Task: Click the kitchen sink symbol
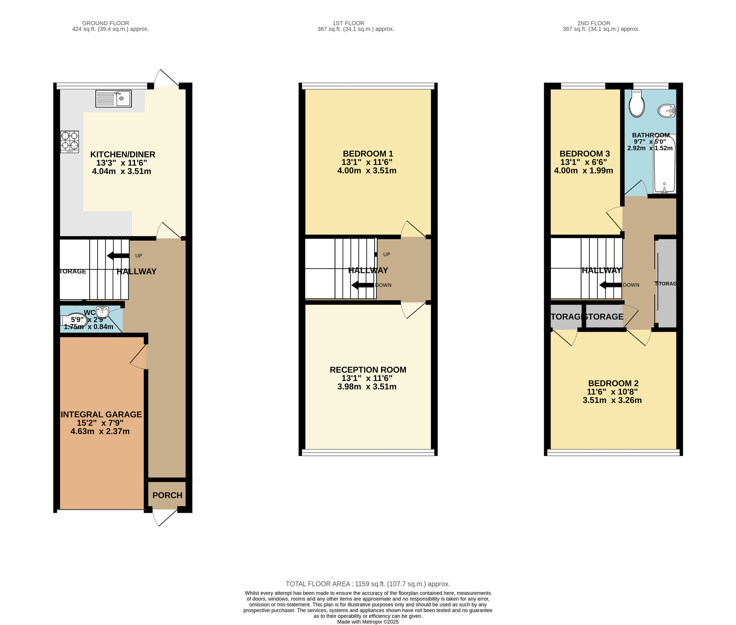(x=113, y=99)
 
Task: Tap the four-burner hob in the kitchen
(x=70, y=142)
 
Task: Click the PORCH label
(x=167, y=495)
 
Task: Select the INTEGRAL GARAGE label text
(x=101, y=414)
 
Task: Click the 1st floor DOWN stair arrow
(x=362, y=285)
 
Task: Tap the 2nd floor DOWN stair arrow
(x=610, y=285)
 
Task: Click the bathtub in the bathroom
(x=665, y=164)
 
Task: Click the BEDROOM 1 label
(x=368, y=154)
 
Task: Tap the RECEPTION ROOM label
(x=368, y=370)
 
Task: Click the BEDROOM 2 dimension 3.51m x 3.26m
(x=612, y=400)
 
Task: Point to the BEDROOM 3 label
(x=585, y=154)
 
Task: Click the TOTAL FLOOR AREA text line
(x=368, y=584)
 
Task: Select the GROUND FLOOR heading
(x=106, y=23)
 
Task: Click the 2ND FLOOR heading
(x=594, y=23)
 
